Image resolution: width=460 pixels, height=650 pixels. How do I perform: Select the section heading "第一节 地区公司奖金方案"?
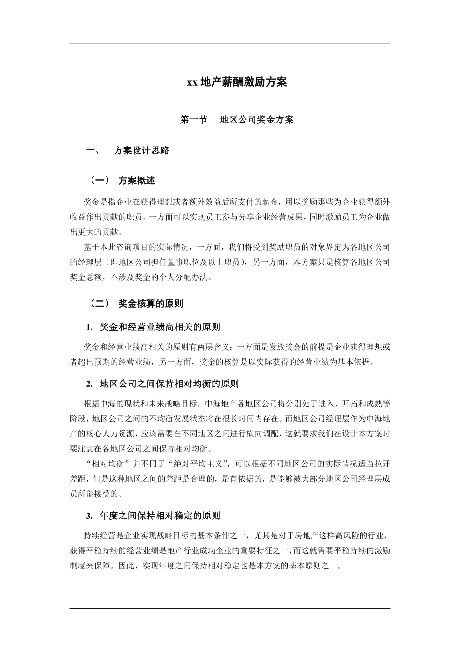pyautogui.click(x=237, y=120)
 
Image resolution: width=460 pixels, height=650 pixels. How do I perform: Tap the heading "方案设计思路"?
pyautogui.click(x=141, y=151)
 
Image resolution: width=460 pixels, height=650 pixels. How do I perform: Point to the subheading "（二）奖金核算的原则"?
pyautogui.click(x=136, y=304)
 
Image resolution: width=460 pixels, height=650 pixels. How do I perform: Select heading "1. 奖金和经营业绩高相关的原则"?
pyautogui.click(x=153, y=327)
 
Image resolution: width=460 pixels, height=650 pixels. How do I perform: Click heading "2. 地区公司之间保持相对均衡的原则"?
pyautogui.click(x=162, y=384)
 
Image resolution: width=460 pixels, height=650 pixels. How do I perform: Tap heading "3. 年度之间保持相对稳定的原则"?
pyautogui.click(x=153, y=516)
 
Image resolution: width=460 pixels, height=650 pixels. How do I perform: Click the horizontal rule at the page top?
pyautogui.click(x=230, y=43)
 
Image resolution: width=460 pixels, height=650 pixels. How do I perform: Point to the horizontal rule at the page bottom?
pyautogui.click(x=230, y=608)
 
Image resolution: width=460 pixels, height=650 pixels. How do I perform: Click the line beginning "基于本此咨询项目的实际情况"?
pyautogui.click(x=237, y=247)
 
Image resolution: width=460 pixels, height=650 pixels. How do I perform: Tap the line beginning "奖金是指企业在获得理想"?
pyautogui.click(x=237, y=201)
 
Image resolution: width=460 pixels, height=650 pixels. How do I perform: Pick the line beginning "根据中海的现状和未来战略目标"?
pyautogui.click(x=237, y=403)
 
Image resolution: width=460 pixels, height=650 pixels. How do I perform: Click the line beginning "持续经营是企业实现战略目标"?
pyautogui.click(x=237, y=535)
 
